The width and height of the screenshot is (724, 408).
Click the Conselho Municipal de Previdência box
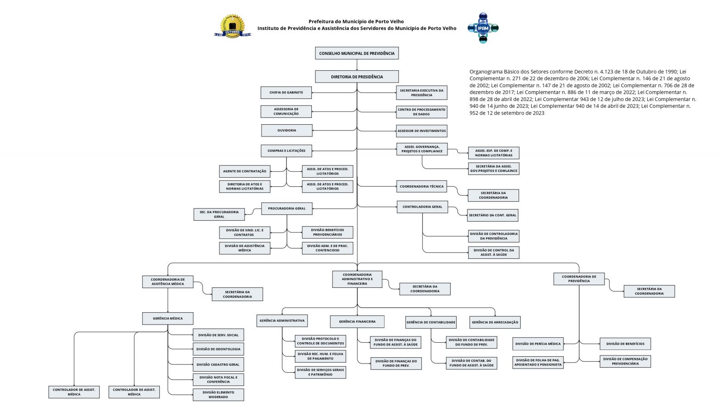(357, 53)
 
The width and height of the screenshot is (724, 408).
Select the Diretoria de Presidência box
(357, 77)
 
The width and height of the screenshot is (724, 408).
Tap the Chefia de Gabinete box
(286, 92)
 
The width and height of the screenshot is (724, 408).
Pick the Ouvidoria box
(286, 131)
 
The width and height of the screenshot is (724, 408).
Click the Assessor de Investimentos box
(421, 131)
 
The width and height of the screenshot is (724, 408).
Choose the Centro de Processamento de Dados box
(421, 112)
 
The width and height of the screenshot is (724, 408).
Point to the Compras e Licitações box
(286, 151)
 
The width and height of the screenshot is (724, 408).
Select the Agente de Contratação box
(244, 171)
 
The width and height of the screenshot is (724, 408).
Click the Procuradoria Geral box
(286, 209)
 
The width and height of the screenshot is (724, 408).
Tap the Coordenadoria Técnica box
(421, 186)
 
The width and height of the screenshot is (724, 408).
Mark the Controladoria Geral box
(422, 207)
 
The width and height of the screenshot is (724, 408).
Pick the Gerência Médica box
(167, 318)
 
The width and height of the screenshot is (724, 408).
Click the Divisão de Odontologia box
(218, 349)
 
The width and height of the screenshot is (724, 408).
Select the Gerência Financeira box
(357, 321)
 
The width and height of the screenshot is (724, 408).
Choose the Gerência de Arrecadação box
(495, 322)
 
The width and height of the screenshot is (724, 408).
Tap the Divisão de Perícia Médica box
(538, 344)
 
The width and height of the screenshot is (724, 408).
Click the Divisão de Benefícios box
(625, 344)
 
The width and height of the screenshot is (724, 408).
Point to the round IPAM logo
(483, 28)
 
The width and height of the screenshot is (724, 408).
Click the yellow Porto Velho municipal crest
(233, 26)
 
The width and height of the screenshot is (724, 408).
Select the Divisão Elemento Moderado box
(218, 395)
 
